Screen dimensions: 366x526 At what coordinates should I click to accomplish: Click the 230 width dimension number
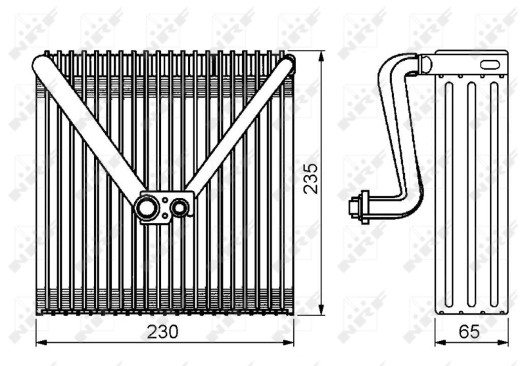pos(164,332)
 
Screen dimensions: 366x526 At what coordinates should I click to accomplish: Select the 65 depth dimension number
pos(468,332)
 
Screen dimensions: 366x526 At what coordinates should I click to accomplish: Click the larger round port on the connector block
pos(146,207)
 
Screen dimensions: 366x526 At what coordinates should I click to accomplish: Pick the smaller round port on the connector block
pos(179,209)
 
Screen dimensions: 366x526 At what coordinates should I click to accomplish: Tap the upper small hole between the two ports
pos(163,197)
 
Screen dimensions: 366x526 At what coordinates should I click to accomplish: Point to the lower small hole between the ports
pos(163,217)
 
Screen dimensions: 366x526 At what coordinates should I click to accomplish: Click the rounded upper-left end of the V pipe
pos(41,64)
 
